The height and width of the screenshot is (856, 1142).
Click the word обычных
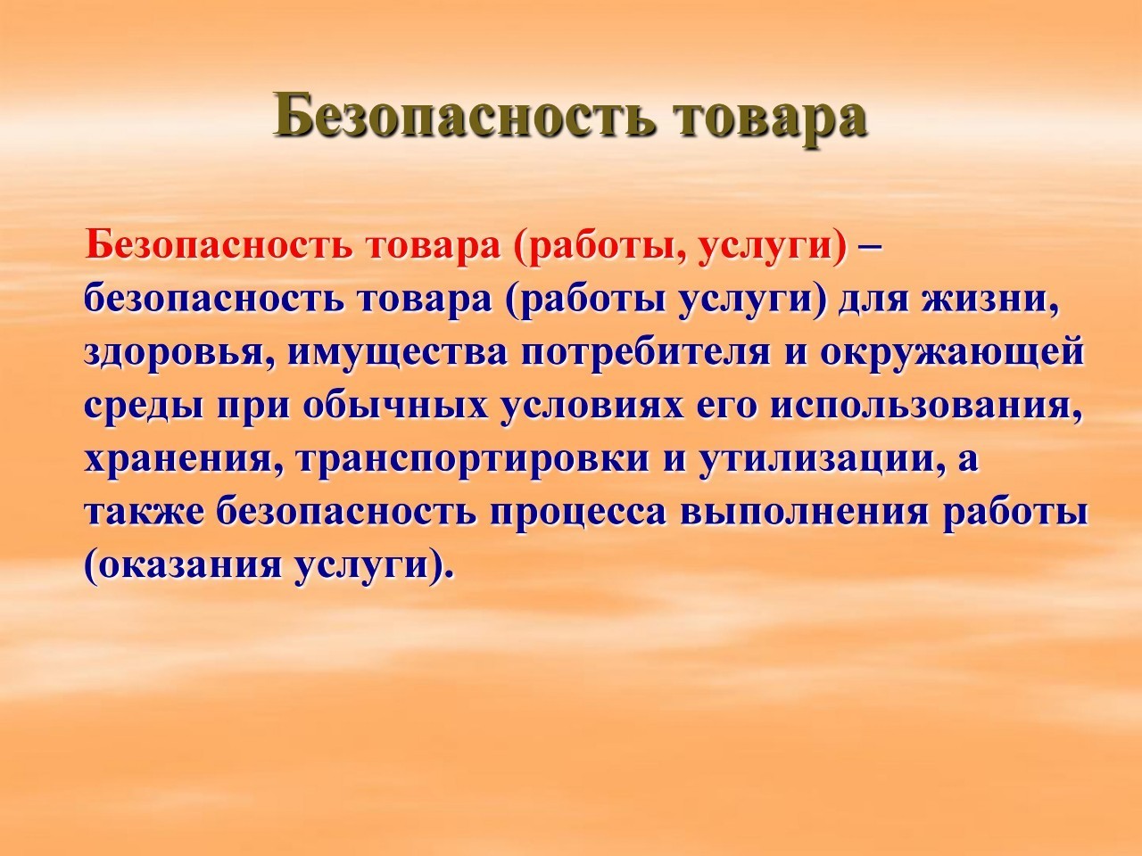(396, 406)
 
